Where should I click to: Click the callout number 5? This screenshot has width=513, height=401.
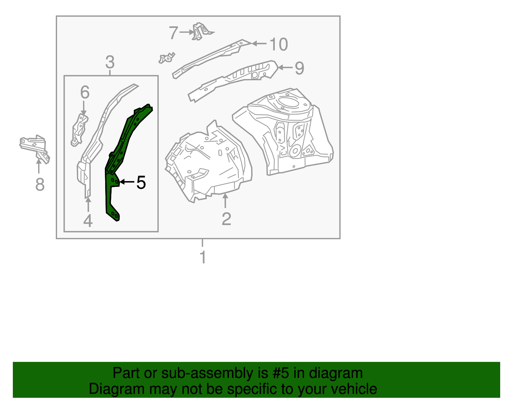pos(141,182)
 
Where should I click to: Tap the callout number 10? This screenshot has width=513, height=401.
pos(279,44)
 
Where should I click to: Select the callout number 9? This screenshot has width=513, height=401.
pos(299,68)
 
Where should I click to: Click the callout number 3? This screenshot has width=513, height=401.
pos(110,62)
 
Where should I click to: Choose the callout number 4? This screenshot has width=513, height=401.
pos(88,220)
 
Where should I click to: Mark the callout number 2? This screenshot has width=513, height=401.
pos(226,219)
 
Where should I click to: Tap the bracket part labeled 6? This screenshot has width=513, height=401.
pos(80,130)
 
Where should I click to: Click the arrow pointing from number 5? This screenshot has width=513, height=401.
pos(127,182)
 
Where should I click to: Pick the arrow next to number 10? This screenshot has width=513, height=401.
pos(259,43)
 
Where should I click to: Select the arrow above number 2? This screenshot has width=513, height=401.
pos(225,200)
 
